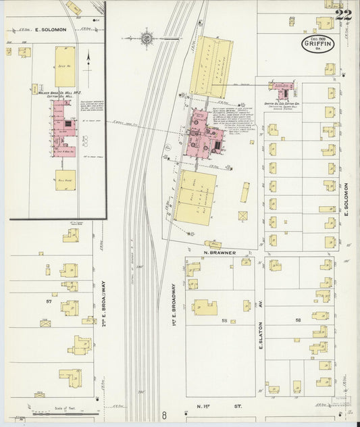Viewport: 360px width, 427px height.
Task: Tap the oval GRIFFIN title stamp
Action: (317, 45)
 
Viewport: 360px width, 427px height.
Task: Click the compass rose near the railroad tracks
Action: (147, 37)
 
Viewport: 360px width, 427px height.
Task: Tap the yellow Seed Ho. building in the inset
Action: (65, 66)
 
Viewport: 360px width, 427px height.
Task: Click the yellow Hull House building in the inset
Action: (65, 179)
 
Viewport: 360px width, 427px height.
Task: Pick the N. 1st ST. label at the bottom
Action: (218, 407)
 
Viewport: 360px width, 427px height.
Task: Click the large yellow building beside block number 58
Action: (204, 307)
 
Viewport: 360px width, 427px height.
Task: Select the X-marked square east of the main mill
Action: (242, 216)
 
